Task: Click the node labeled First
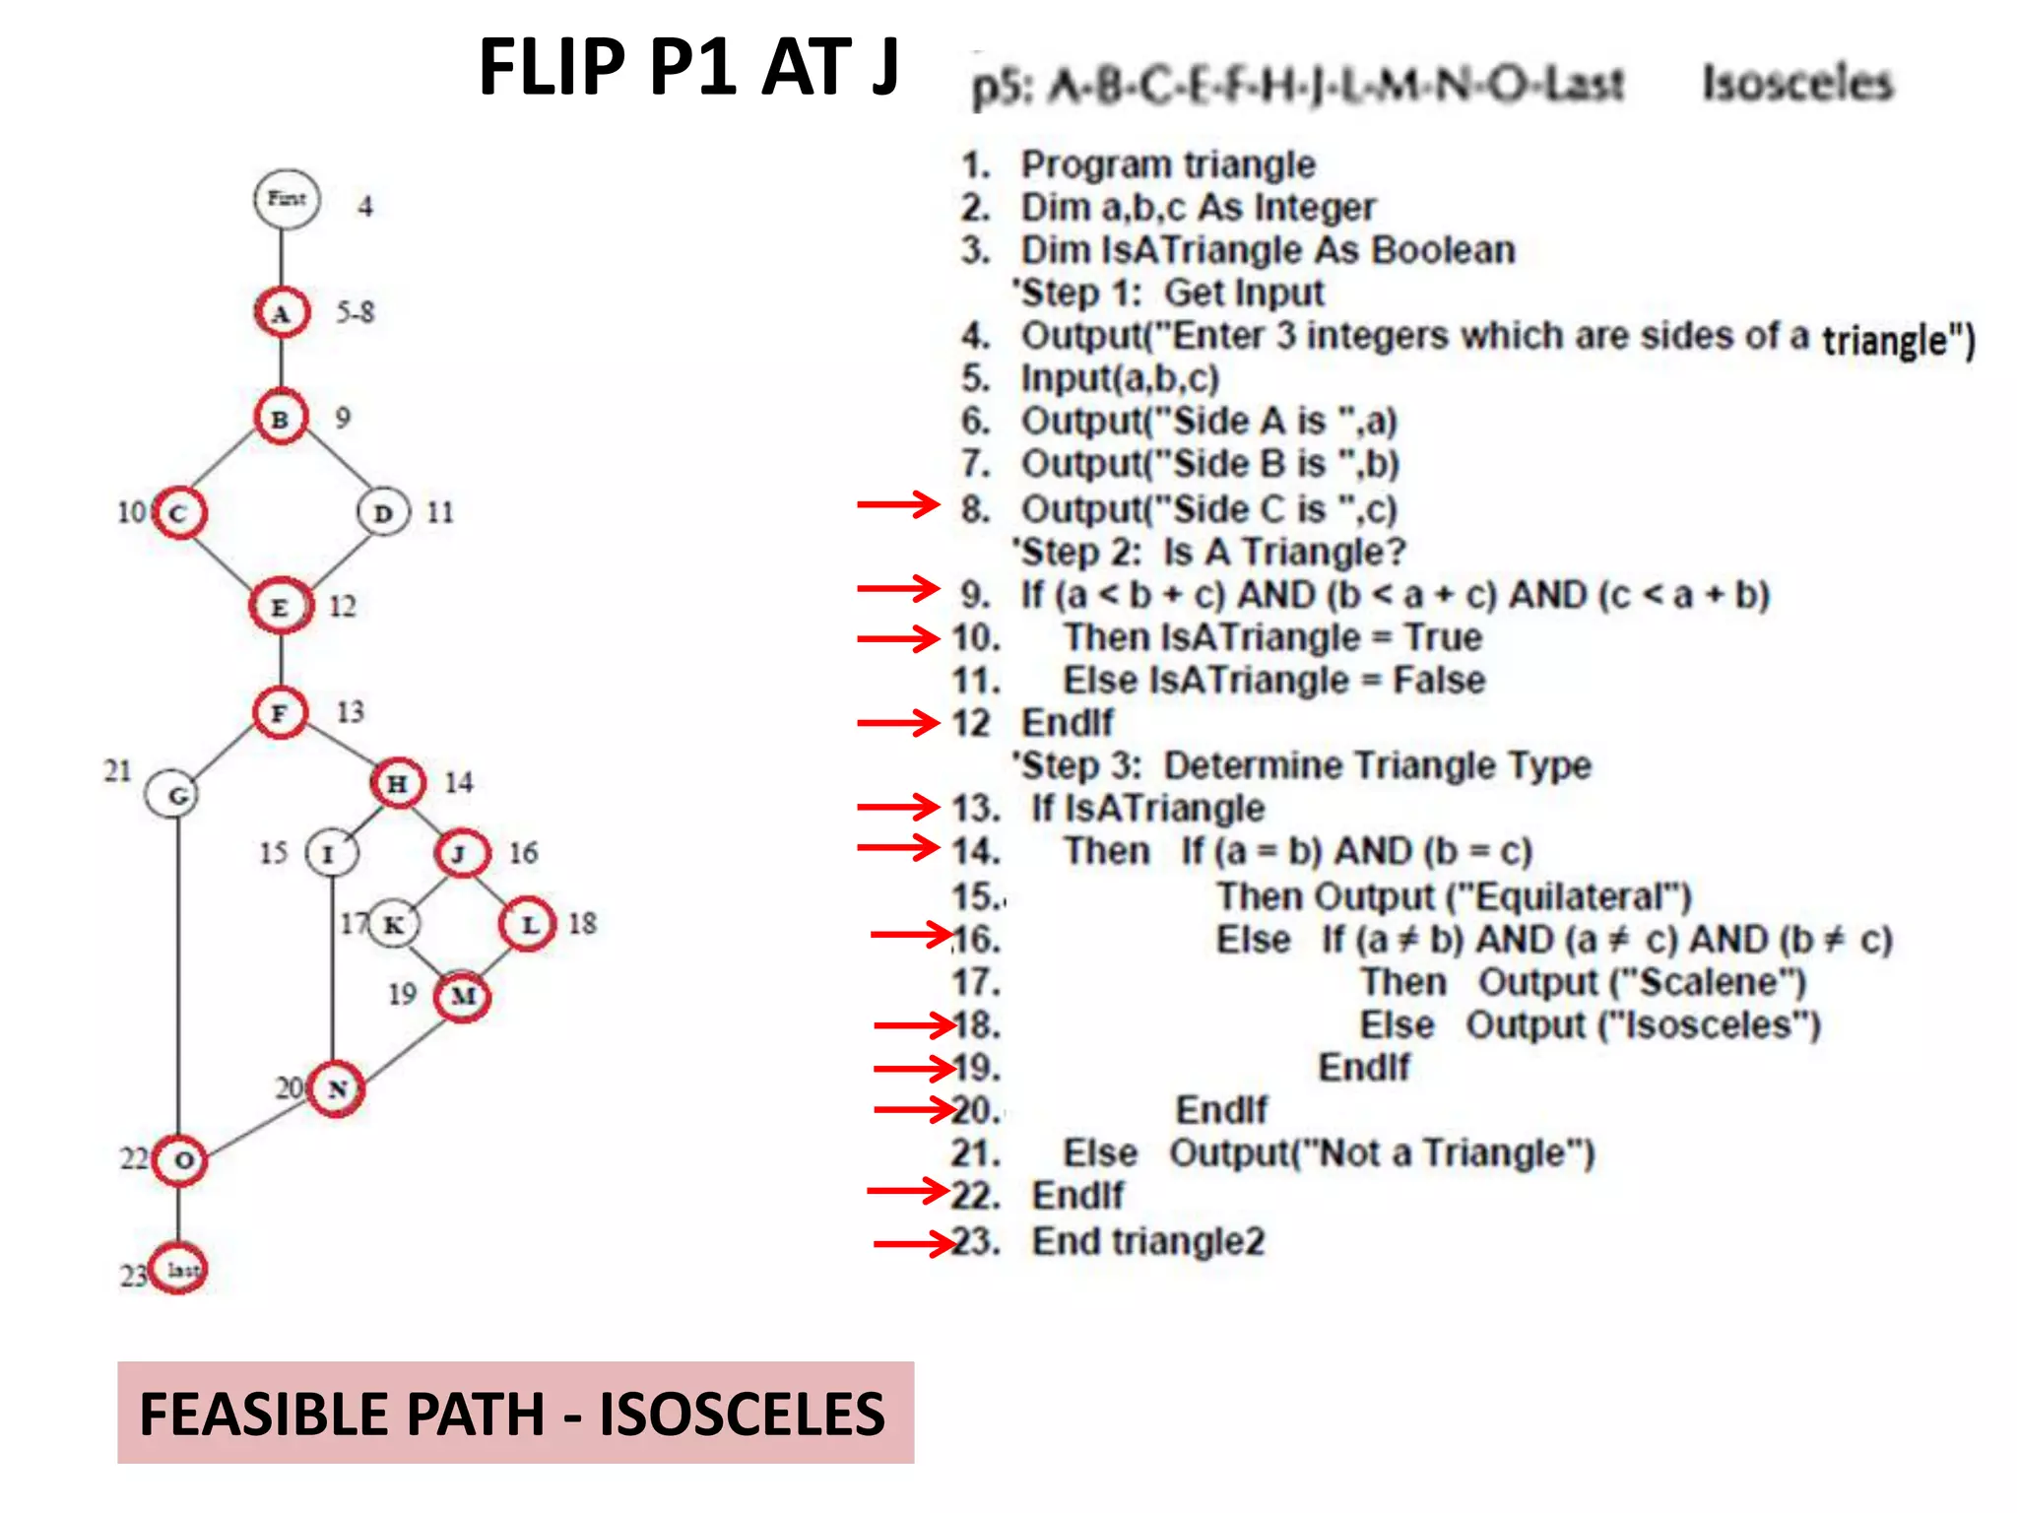pos(287,199)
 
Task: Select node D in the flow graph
pos(383,512)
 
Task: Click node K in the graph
pos(394,924)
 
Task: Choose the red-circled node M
pos(463,996)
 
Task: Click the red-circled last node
pos(179,1269)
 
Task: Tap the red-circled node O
pos(180,1160)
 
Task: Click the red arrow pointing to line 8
pos(898,504)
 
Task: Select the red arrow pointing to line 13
pos(898,807)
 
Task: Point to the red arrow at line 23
pos(914,1243)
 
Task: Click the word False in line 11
pos(1438,680)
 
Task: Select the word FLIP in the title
pos(552,67)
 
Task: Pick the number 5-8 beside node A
pos(355,312)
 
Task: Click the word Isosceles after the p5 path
pos(1797,83)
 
